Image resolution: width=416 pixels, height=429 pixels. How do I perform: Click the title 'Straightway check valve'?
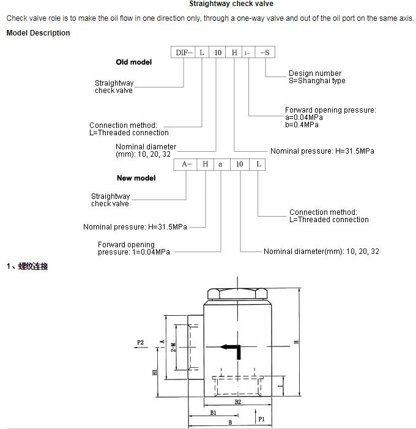click(x=231, y=4)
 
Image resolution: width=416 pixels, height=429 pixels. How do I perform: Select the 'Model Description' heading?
click(x=38, y=33)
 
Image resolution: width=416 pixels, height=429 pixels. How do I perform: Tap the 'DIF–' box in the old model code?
click(x=184, y=53)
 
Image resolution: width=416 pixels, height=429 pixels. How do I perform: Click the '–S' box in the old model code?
click(x=264, y=53)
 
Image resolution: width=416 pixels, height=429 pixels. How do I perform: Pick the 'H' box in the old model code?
click(x=234, y=53)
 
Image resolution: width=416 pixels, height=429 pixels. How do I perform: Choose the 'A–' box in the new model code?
click(x=187, y=164)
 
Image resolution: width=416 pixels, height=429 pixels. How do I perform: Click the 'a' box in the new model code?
click(x=221, y=164)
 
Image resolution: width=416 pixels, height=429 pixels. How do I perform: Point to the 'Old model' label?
click(x=133, y=62)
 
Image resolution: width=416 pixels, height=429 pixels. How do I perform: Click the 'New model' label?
click(x=136, y=178)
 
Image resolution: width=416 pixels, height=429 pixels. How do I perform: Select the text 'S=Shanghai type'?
click(x=317, y=81)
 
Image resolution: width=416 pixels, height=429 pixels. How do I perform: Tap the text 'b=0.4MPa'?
click(x=302, y=125)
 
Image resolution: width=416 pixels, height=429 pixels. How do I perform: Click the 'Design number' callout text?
click(x=315, y=73)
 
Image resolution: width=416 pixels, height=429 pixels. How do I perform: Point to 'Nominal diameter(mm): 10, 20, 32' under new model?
click(x=321, y=252)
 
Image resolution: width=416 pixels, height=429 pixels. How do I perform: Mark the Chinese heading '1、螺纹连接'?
click(x=27, y=266)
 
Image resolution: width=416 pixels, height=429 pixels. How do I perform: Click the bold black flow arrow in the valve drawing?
click(x=232, y=349)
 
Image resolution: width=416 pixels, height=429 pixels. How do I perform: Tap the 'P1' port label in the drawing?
click(x=261, y=420)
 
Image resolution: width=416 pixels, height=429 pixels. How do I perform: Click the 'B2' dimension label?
click(x=238, y=402)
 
